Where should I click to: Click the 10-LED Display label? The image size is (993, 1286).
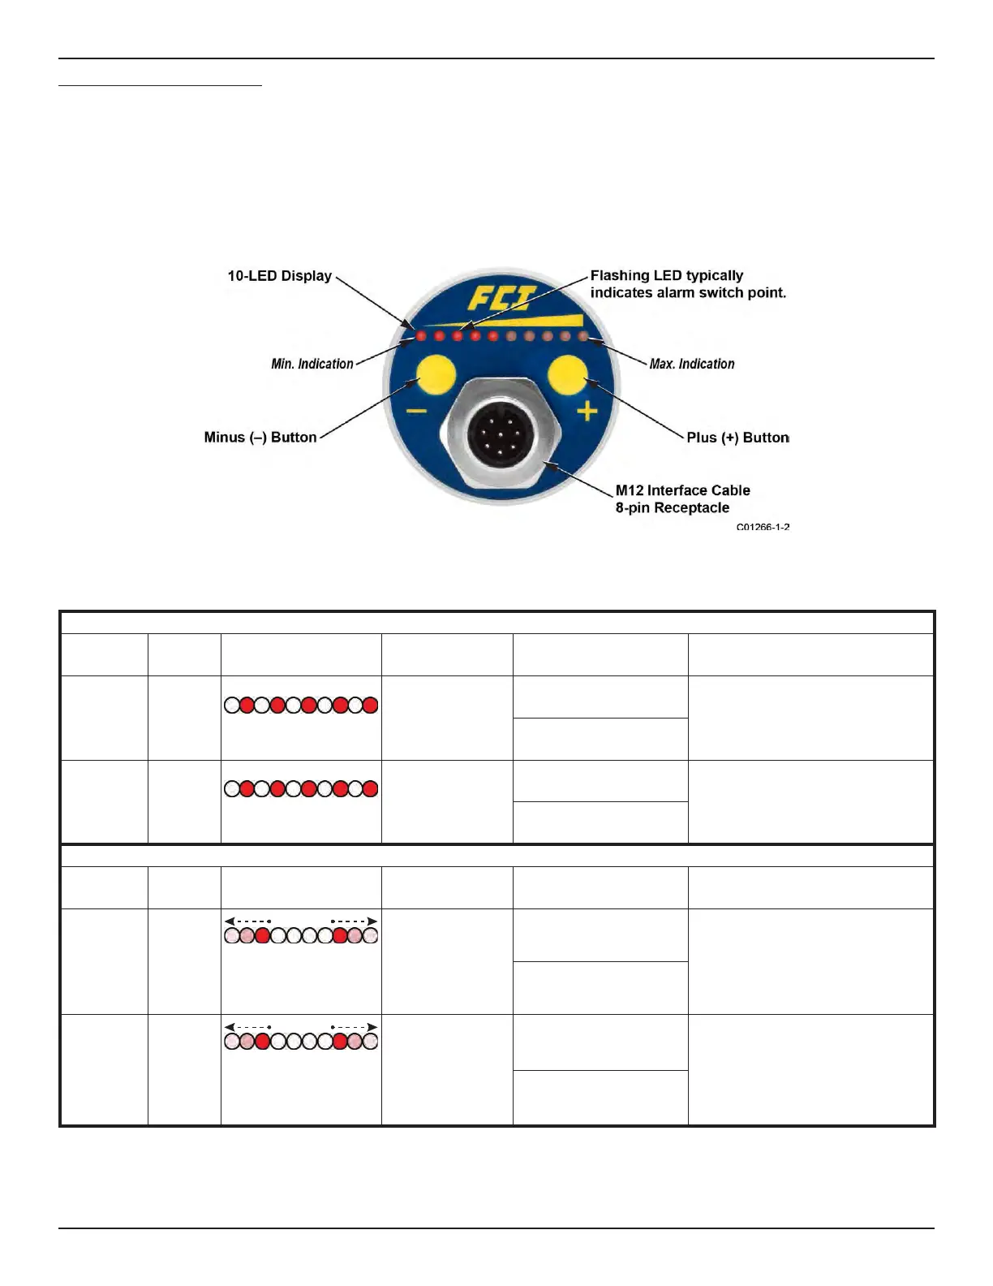[279, 276]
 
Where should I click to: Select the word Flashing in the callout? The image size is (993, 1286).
[620, 276]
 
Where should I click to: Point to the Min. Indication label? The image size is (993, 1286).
[312, 364]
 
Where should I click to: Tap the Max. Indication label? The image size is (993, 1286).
[692, 364]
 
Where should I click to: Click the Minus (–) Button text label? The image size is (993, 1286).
[260, 438]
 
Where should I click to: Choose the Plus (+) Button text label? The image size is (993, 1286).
[737, 438]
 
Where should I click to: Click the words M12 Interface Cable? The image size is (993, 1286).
[682, 490]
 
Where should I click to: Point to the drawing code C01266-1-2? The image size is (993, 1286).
[763, 527]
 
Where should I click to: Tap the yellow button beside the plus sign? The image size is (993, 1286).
[567, 376]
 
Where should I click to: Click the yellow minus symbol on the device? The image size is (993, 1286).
[416, 411]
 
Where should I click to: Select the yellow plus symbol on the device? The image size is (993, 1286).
[587, 412]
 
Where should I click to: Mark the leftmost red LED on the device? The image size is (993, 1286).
[420, 335]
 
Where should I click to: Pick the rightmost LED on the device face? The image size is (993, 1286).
[582, 335]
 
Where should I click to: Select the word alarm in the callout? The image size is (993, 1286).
[675, 293]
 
